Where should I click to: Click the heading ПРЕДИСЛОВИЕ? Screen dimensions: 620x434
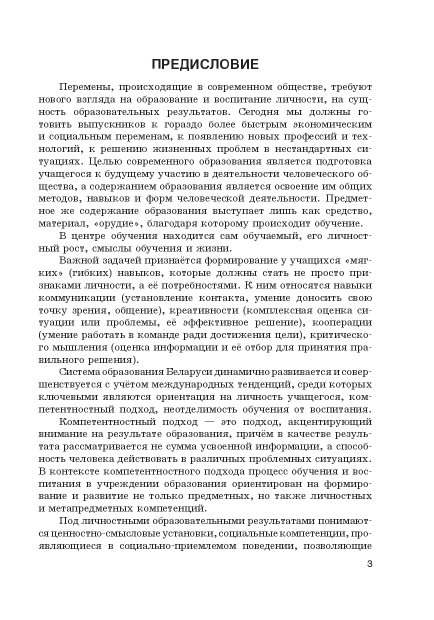pyautogui.click(x=205, y=64)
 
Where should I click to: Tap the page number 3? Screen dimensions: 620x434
pyautogui.click(x=369, y=564)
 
